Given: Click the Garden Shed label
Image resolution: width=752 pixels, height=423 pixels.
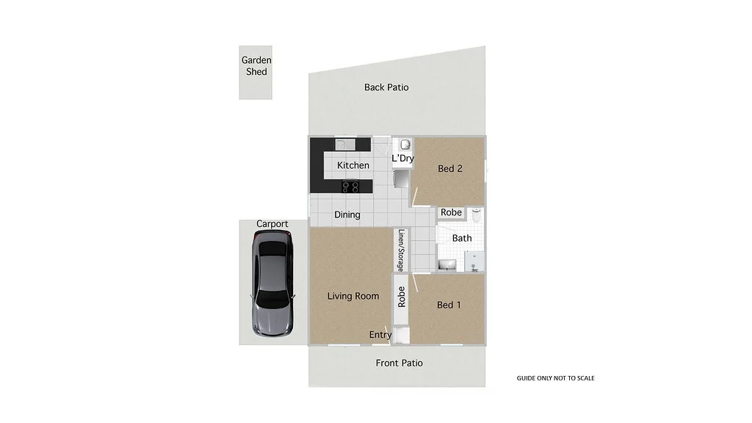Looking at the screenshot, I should [256, 66].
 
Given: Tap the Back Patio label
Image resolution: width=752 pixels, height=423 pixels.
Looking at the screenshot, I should [386, 87].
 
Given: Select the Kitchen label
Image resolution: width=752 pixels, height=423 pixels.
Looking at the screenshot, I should [353, 165].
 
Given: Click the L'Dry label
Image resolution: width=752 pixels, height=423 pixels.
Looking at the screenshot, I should [402, 159].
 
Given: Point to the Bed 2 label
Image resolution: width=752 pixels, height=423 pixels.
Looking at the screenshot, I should [450, 168].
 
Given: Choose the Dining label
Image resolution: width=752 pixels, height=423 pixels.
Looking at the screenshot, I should [347, 215].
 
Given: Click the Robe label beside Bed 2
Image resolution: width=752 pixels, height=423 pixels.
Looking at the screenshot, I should [451, 212].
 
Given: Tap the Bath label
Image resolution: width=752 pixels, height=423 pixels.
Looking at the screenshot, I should [462, 238].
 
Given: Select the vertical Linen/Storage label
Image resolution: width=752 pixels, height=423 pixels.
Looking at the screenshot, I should [401, 251].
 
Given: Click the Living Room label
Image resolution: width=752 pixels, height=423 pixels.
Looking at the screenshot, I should [353, 296].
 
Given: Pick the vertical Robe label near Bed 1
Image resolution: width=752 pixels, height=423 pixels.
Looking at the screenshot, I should [401, 297].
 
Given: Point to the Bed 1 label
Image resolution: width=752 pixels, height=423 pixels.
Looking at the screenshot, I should [449, 305].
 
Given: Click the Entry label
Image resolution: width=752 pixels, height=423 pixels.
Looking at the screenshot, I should [380, 335].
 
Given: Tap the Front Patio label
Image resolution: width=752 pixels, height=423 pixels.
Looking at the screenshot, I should [399, 363].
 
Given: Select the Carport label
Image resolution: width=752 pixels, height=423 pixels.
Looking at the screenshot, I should [272, 224].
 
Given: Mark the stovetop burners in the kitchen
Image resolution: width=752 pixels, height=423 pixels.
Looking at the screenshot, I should [351, 187].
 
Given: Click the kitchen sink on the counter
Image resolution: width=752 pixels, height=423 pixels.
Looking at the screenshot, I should [345, 144].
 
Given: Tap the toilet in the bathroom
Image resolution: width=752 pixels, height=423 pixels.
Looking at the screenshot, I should [476, 216].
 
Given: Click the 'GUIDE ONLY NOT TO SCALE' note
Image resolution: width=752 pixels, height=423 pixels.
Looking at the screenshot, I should [555, 378].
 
